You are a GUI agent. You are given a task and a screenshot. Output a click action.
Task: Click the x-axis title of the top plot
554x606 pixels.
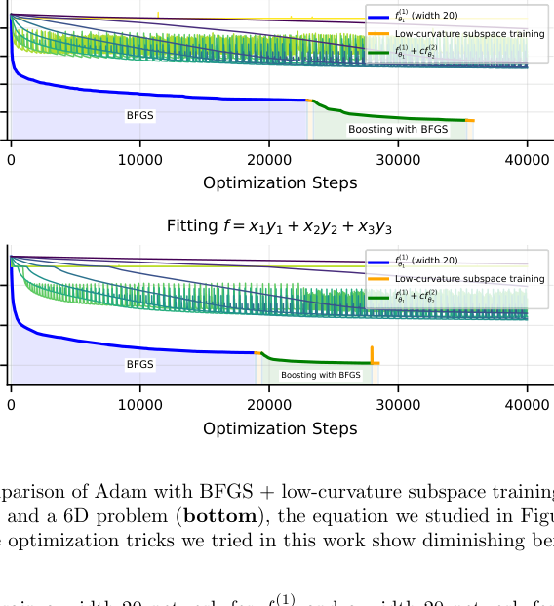(280, 182)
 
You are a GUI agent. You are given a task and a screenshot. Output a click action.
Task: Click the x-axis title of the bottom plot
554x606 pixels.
(280, 428)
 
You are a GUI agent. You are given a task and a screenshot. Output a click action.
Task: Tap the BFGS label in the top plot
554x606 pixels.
(140, 115)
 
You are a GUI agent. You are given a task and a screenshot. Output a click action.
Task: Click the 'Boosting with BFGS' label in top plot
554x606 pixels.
(398, 129)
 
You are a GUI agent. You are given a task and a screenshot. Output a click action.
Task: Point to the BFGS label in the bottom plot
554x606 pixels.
(140, 364)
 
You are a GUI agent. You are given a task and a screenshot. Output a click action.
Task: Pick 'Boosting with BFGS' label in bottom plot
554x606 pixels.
(321, 375)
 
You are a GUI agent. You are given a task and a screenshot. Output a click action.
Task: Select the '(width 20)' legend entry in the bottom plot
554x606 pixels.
(426, 261)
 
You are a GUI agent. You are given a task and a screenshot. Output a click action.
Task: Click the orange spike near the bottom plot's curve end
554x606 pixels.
(372, 353)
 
